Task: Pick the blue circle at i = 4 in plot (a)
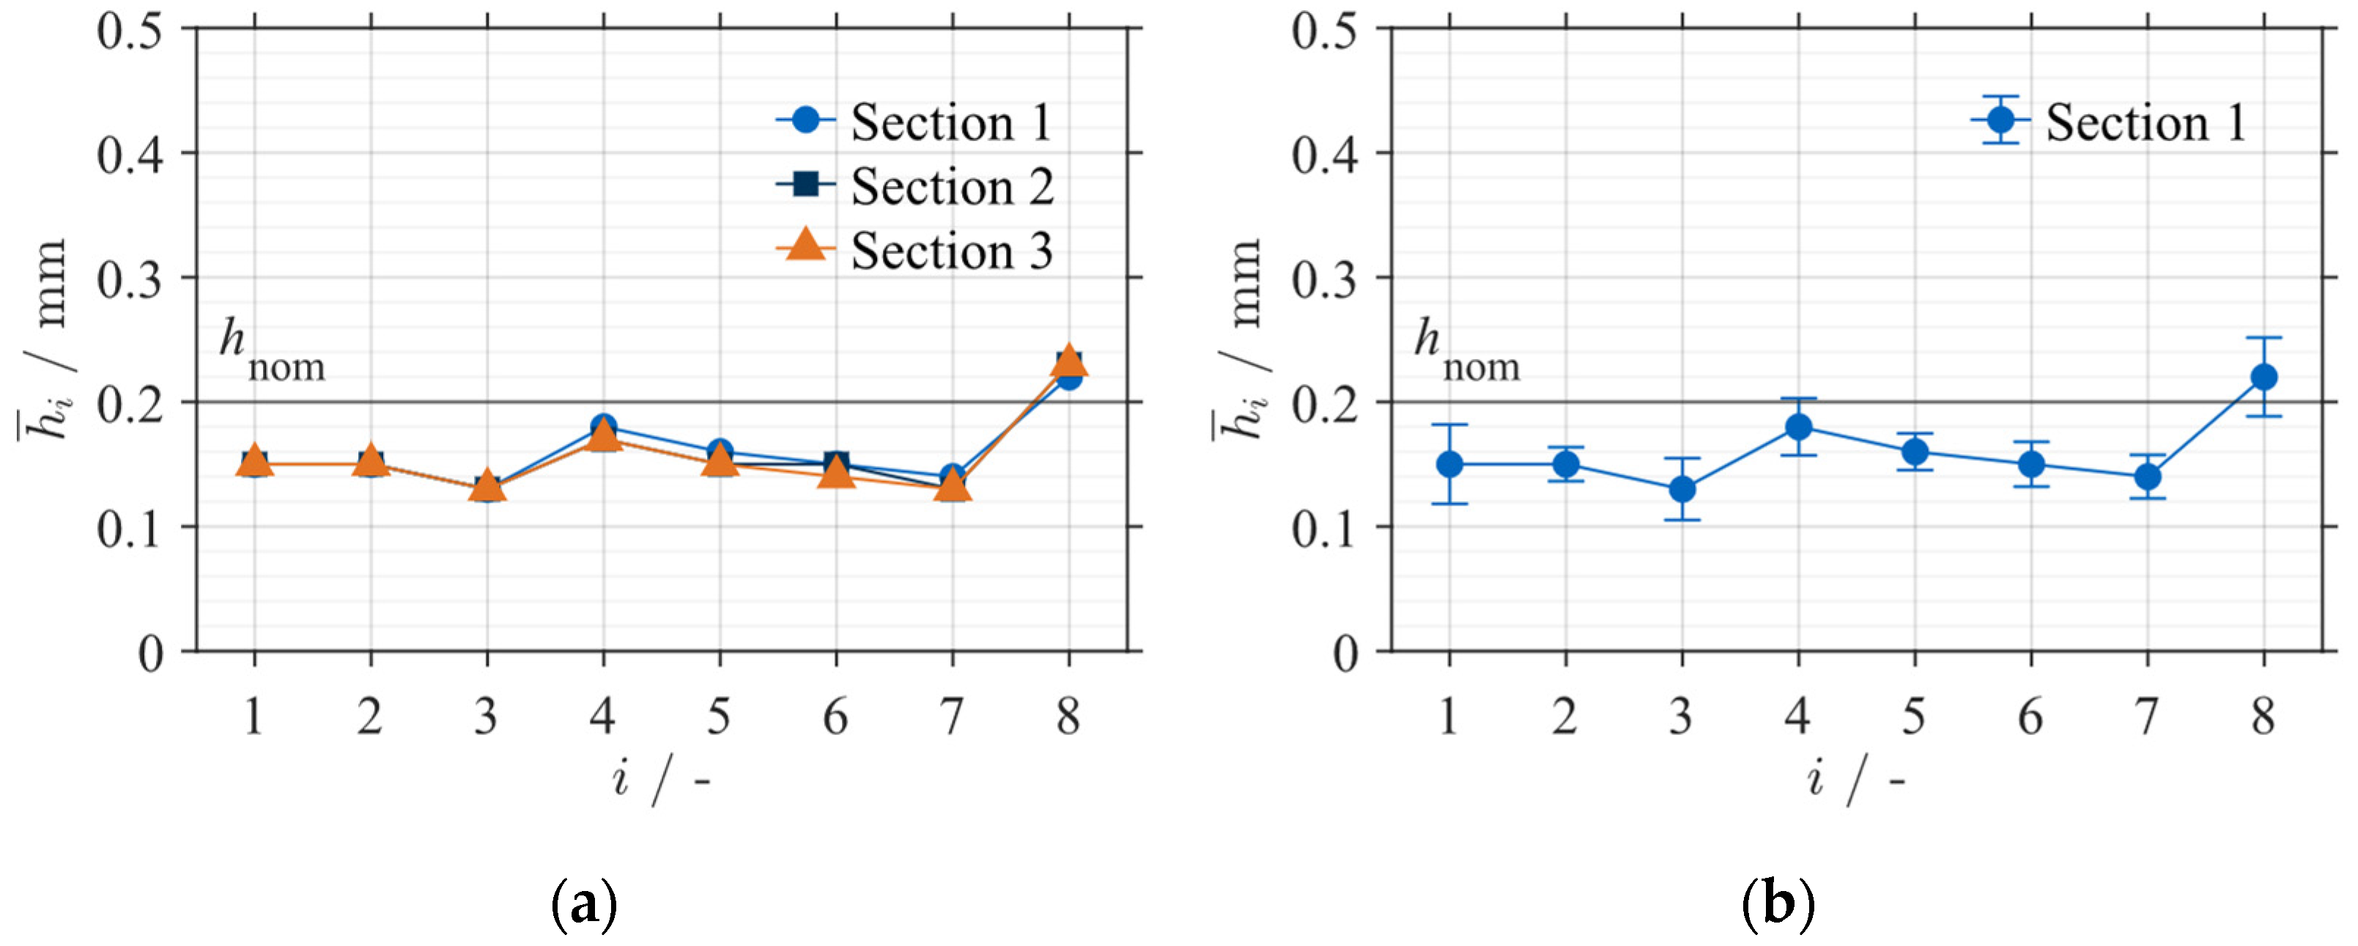point(603,426)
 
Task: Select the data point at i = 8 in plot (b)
point(2263,377)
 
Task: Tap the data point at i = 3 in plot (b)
point(1682,489)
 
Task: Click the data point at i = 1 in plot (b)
point(1449,465)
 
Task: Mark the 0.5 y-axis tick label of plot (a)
point(130,30)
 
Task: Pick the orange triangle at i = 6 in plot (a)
point(836,474)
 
